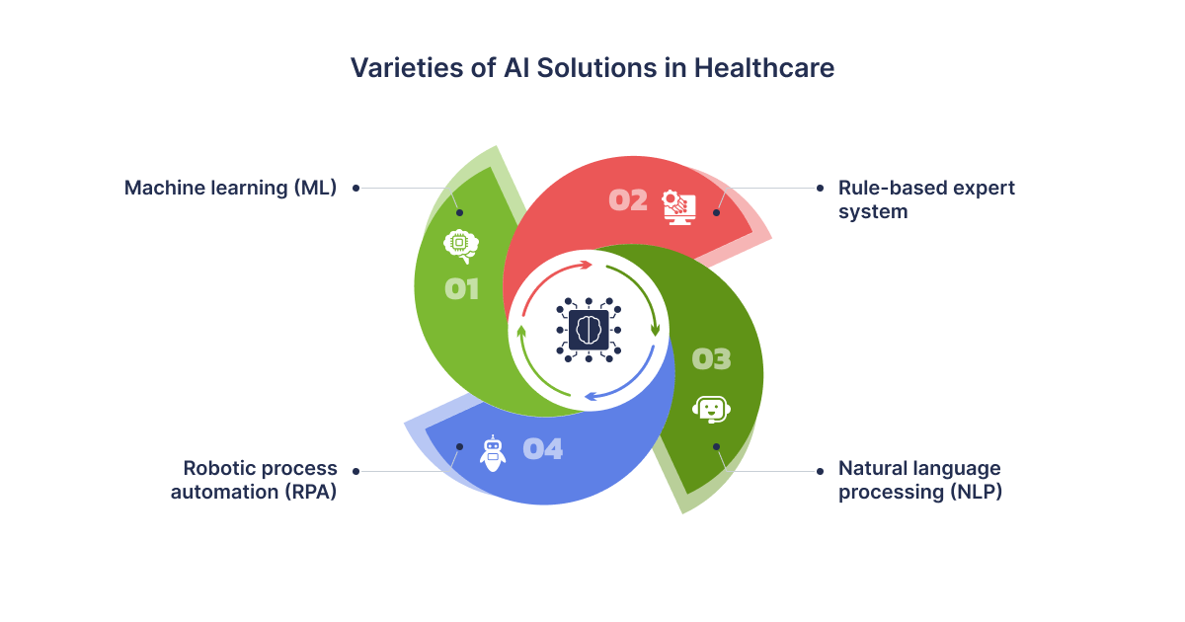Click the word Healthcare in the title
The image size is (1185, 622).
[764, 68]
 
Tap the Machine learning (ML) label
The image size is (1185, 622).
[230, 189]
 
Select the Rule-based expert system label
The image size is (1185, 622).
[926, 199]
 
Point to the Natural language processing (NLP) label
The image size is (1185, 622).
[920, 480]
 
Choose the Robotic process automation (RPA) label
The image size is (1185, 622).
[254, 480]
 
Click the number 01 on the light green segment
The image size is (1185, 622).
[462, 289]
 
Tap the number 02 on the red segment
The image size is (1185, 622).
[628, 200]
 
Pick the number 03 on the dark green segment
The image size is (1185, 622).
[712, 359]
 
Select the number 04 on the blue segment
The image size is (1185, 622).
[543, 449]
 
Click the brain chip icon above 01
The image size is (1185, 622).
[461, 246]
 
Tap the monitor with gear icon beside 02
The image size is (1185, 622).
[678, 207]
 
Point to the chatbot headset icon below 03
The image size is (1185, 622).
[712, 410]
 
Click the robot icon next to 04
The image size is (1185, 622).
[493, 453]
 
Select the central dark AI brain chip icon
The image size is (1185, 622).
[589, 330]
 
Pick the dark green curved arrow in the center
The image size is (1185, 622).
[641, 290]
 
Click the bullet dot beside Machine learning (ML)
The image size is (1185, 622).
[356, 189]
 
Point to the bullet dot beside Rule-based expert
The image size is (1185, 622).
[820, 189]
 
